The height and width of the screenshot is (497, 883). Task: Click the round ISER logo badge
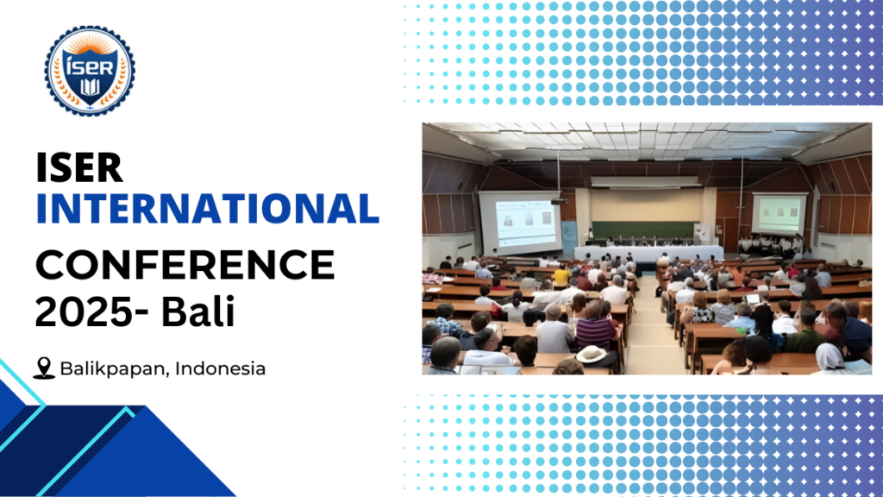(90, 71)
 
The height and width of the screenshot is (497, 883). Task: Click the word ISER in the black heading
(79, 167)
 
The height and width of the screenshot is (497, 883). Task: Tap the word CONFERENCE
(185, 264)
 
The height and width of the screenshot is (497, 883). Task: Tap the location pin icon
(44, 368)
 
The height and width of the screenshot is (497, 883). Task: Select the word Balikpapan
(115, 368)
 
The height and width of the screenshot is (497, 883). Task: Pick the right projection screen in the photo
(778, 214)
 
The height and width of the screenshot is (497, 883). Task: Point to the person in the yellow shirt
(561, 276)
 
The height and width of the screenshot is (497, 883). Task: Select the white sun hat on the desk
(592, 354)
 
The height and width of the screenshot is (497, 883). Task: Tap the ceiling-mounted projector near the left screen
(556, 201)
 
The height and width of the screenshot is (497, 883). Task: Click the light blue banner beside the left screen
(569, 235)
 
